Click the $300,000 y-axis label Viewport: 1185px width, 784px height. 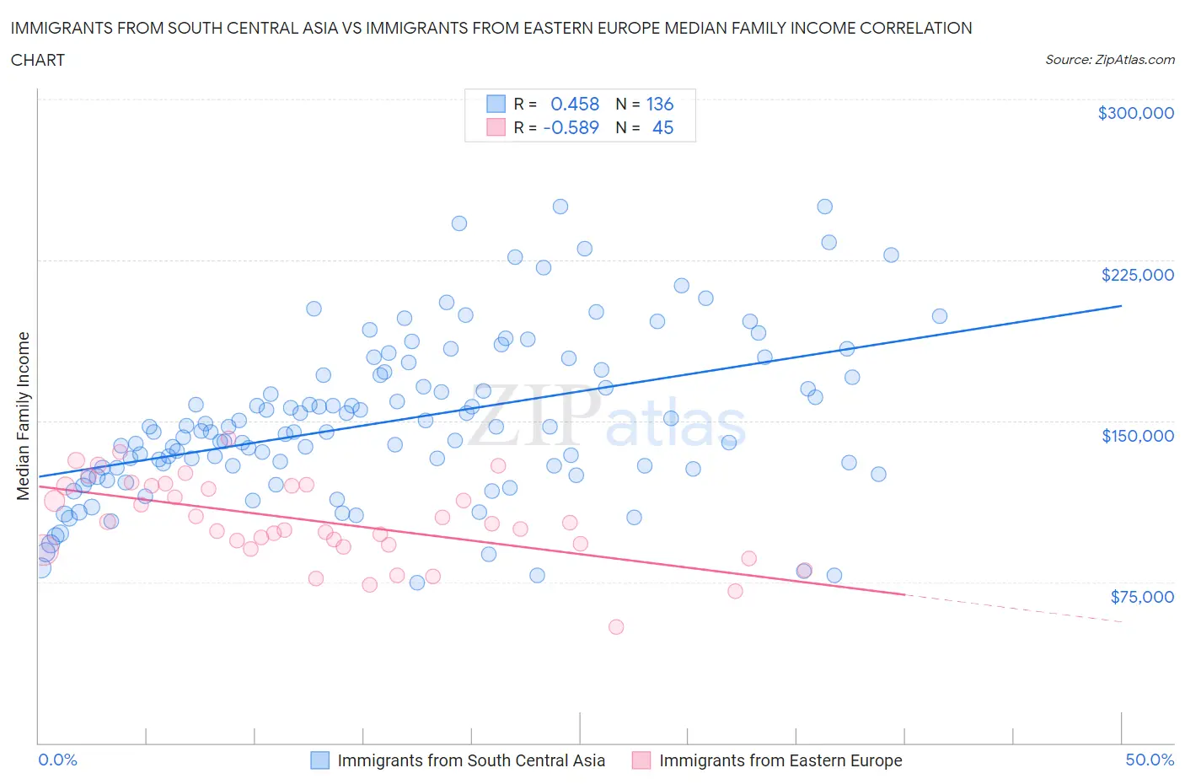click(x=1135, y=113)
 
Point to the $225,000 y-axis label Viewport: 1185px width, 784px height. click(x=1137, y=275)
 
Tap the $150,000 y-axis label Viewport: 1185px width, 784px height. click(x=1137, y=436)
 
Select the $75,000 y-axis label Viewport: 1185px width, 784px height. click(x=1141, y=597)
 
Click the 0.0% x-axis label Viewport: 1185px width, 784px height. click(x=57, y=760)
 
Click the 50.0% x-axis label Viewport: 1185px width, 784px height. click(x=1150, y=760)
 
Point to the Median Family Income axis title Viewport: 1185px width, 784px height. click(x=24, y=416)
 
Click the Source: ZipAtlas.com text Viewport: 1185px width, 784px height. click(x=1109, y=60)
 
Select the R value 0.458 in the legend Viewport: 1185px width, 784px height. click(x=574, y=105)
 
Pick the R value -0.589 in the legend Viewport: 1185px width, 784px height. click(x=571, y=128)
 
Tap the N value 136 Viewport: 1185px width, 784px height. click(x=659, y=105)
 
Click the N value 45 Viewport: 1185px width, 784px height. click(x=662, y=128)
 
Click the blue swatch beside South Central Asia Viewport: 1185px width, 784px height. click(x=320, y=760)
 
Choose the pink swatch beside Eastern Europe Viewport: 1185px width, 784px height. click(x=641, y=760)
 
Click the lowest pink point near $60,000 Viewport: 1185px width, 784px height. click(x=616, y=627)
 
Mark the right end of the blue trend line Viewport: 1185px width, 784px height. click(x=1121, y=305)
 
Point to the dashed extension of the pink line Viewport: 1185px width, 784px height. click(x=1011, y=608)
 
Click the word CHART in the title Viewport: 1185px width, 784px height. click(x=38, y=60)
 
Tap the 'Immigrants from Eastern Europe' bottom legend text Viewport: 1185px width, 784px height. click(x=780, y=760)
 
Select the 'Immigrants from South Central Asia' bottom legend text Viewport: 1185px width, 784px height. click(x=471, y=760)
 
